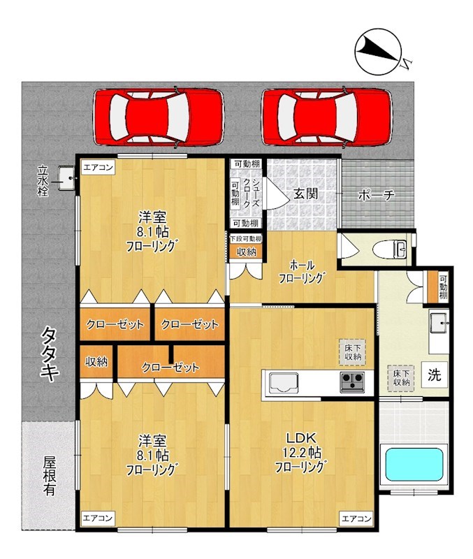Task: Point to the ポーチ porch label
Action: click(x=376, y=196)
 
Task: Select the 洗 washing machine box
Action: click(x=434, y=375)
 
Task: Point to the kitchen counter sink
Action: click(x=283, y=382)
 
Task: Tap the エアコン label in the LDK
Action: click(x=355, y=518)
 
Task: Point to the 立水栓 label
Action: click(x=43, y=181)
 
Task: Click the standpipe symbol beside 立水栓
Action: click(x=67, y=178)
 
